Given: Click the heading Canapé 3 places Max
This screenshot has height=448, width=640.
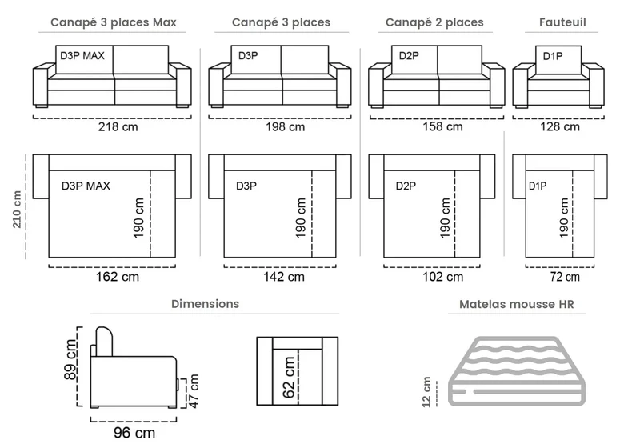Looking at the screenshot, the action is (x=114, y=22).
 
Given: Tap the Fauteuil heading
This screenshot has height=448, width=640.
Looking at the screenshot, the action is (x=562, y=22).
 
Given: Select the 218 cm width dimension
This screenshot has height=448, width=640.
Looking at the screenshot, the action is (x=118, y=127).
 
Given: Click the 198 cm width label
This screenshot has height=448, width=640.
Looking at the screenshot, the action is (x=286, y=127).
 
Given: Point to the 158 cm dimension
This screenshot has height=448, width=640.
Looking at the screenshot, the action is (x=442, y=126).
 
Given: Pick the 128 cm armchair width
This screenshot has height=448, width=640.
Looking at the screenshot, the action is (x=560, y=126).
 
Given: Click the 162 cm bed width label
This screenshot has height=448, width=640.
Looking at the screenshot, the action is (x=118, y=277).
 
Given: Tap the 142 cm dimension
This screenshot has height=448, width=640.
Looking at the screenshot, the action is (x=284, y=277).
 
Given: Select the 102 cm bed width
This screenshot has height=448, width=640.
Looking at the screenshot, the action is (x=443, y=277).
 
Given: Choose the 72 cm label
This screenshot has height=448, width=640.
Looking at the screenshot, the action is (x=565, y=277).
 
